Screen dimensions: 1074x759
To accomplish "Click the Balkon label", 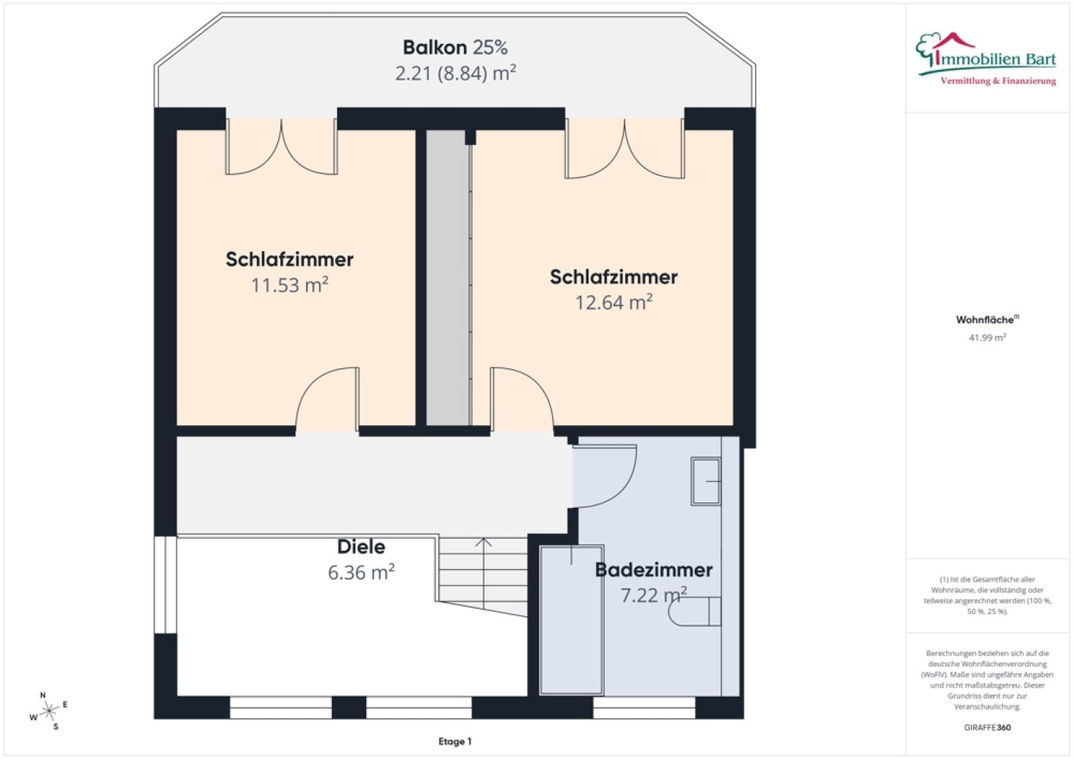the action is tap(434, 47).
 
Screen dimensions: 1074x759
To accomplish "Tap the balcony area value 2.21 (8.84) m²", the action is tap(456, 74).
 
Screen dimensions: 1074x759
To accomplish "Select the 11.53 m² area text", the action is tap(289, 285).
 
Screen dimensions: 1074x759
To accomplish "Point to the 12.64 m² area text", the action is tap(614, 302).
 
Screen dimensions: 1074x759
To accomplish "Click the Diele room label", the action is tap(361, 546).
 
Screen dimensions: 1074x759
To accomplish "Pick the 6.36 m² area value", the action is tap(361, 572).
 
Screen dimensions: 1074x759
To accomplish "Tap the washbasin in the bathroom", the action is tap(706, 481).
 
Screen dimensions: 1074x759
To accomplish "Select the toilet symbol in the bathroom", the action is tap(695, 612).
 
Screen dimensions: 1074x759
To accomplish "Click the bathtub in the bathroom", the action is tap(571, 619).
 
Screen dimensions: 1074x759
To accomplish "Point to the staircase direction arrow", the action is tap(484, 573).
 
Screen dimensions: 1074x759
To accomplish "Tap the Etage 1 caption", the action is tap(455, 742).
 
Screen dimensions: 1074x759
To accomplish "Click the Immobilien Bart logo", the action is tap(987, 59).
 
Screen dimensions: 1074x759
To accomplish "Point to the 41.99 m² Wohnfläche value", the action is tap(987, 337).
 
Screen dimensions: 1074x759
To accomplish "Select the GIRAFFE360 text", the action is tap(987, 727).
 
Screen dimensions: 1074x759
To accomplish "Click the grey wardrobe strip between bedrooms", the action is tap(448, 278).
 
